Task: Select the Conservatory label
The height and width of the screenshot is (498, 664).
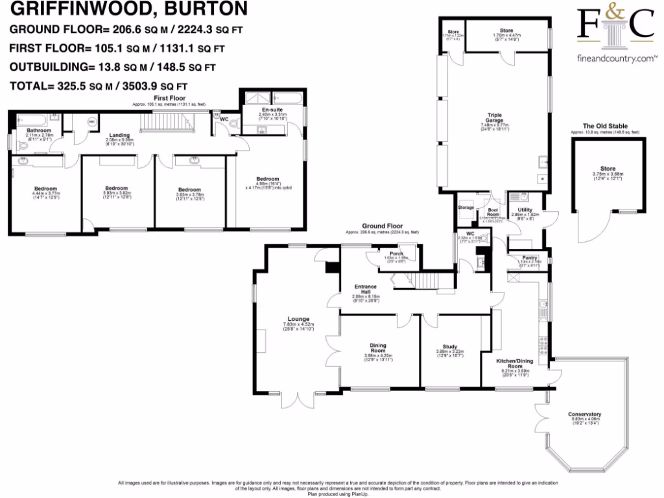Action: click(584, 414)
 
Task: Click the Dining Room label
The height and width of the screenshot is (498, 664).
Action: click(378, 348)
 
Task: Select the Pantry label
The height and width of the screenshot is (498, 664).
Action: click(530, 257)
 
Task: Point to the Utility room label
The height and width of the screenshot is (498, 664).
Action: click(525, 209)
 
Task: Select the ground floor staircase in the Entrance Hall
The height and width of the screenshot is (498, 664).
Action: click(428, 281)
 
